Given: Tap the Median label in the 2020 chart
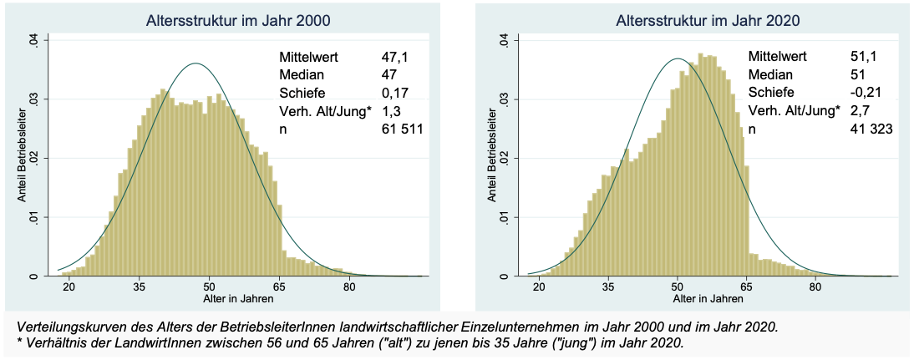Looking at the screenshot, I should click(769, 75).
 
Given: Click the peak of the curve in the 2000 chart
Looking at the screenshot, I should click(195, 63).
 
